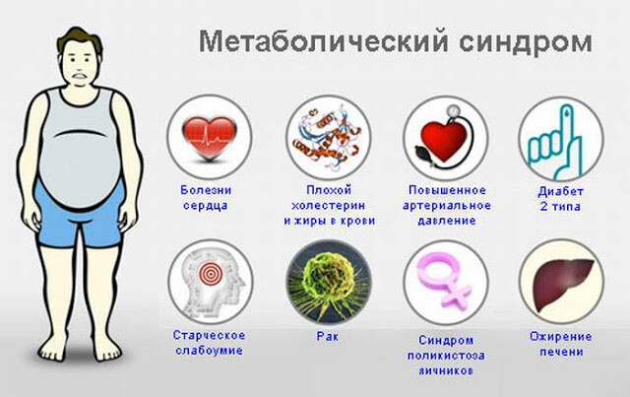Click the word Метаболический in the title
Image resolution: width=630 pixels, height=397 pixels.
(324, 41)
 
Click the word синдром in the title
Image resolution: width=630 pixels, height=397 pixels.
(526, 41)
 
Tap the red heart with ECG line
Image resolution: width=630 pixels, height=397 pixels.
(210, 138)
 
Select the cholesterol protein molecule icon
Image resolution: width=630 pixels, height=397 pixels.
(328, 136)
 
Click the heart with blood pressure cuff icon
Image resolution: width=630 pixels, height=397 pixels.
(445, 138)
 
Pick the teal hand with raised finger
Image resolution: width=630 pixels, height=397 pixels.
(555, 142)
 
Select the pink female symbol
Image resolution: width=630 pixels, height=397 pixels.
(444, 281)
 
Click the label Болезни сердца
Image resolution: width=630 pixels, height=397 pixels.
(206, 197)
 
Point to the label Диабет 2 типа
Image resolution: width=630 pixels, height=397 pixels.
(560, 199)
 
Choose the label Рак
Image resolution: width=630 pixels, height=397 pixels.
(328, 336)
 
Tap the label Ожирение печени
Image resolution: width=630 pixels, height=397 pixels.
(561, 344)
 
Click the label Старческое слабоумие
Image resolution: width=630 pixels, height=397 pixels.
(209, 343)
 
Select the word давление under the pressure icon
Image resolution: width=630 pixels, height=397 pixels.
(447, 221)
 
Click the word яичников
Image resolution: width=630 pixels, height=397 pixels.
(446, 370)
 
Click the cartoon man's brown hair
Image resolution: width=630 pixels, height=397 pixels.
(80, 40)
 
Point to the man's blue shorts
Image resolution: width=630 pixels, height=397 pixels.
(79, 217)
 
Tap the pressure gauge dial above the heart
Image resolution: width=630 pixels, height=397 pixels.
(454, 109)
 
